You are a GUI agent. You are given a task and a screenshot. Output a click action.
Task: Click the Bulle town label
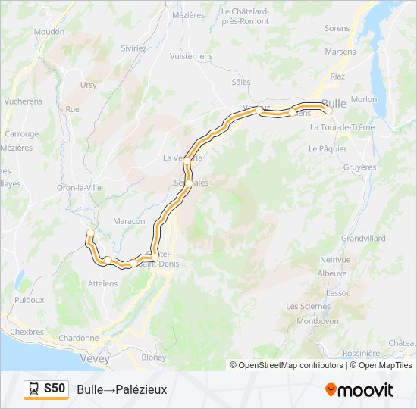coord(334,104)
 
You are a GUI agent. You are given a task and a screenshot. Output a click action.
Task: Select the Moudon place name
coord(49,32)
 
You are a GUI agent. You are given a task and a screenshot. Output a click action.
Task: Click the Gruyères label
coord(359,167)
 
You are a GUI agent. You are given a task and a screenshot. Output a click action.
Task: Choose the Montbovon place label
coord(312,320)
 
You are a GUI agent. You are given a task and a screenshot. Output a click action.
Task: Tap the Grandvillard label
coord(363,238)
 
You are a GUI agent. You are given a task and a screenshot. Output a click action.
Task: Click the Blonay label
coord(154,357)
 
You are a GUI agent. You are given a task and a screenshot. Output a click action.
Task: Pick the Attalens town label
coord(103,283)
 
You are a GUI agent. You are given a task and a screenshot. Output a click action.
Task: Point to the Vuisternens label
coord(191,56)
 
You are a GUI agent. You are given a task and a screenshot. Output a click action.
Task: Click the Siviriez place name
coord(133,48)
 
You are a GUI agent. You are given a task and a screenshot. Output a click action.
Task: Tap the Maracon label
coord(129,221)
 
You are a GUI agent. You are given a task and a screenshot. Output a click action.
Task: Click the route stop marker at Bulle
coord(328,111)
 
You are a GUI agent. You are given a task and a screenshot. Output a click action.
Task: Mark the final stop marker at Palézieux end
coord(90,232)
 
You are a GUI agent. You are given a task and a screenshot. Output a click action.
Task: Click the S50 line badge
coord(54,389)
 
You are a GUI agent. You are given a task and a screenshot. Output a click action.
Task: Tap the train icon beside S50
coord(34,389)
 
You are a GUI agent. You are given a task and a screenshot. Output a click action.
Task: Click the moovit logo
coord(359,390)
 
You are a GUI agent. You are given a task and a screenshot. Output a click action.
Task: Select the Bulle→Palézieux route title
coord(121,389)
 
